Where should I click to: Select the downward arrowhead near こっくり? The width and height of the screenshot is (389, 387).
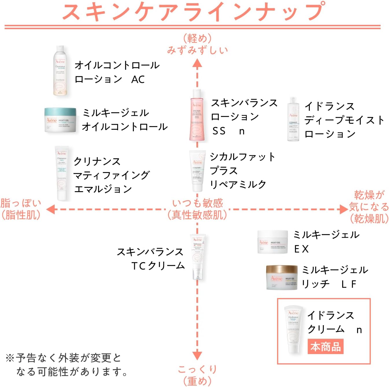(197, 355)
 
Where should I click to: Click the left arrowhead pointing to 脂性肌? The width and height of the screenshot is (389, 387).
(51, 209)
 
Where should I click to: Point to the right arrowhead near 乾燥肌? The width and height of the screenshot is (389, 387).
(344, 209)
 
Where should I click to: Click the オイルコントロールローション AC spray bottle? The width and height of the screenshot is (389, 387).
(60, 71)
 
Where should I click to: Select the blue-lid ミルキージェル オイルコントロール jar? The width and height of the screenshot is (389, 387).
(60, 120)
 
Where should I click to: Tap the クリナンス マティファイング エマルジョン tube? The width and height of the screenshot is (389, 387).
(62, 173)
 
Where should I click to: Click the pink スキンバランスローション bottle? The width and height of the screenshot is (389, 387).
(197, 116)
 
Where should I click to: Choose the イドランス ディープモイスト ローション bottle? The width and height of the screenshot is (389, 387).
(293, 119)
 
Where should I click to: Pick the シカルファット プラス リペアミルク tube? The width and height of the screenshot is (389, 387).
(198, 170)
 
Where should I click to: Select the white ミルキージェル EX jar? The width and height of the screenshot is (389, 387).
(272, 242)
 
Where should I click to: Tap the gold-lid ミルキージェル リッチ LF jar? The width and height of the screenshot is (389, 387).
(282, 277)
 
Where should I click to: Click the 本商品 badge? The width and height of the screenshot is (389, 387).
(325, 347)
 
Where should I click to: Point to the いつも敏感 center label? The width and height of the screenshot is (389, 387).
(198, 203)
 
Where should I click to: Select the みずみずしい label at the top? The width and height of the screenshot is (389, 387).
(198, 50)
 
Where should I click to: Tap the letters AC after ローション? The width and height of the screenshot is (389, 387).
(138, 79)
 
